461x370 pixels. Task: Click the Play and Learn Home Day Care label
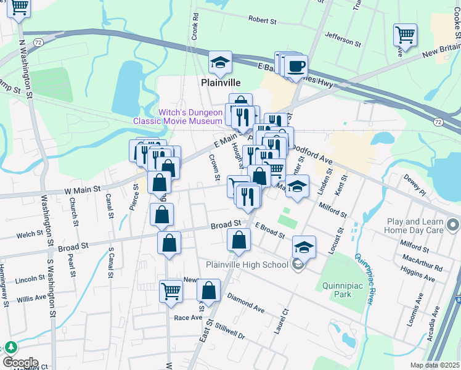click(x=423, y=226)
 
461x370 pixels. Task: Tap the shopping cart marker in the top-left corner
click(x=19, y=8)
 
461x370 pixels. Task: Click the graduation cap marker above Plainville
click(x=220, y=62)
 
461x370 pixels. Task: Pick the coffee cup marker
click(x=296, y=66)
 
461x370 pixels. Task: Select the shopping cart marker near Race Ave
click(x=171, y=290)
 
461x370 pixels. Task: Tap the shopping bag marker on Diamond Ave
click(x=209, y=290)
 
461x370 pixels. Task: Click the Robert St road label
click(x=263, y=20)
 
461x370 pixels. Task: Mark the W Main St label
click(x=82, y=191)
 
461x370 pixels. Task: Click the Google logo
click(x=20, y=363)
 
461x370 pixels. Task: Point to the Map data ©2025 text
click(x=434, y=365)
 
